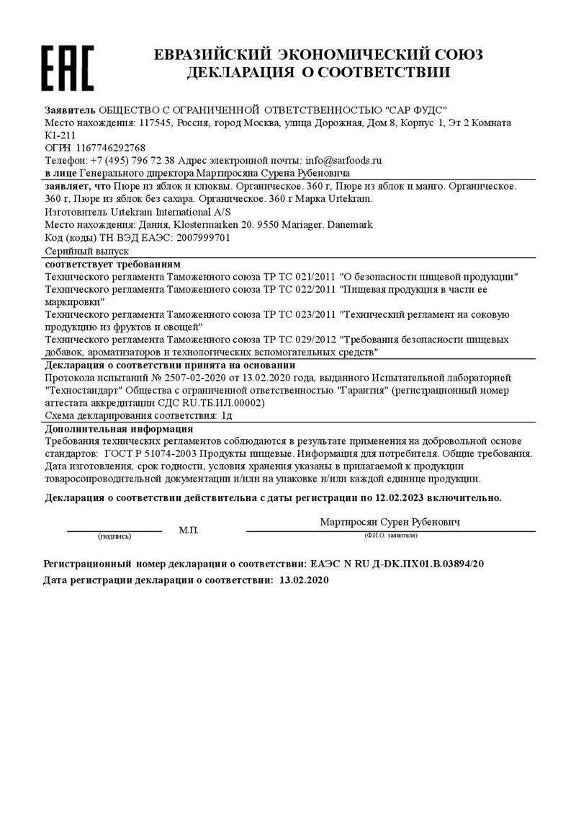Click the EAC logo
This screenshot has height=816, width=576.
(67, 68)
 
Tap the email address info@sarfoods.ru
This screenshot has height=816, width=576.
(343, 160)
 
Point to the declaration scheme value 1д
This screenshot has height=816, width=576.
(227, 416)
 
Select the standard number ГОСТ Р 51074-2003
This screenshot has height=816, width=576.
(150, 453)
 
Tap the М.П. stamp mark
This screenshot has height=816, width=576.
(189, 530)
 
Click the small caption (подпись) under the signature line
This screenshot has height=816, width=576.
(114, 536)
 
